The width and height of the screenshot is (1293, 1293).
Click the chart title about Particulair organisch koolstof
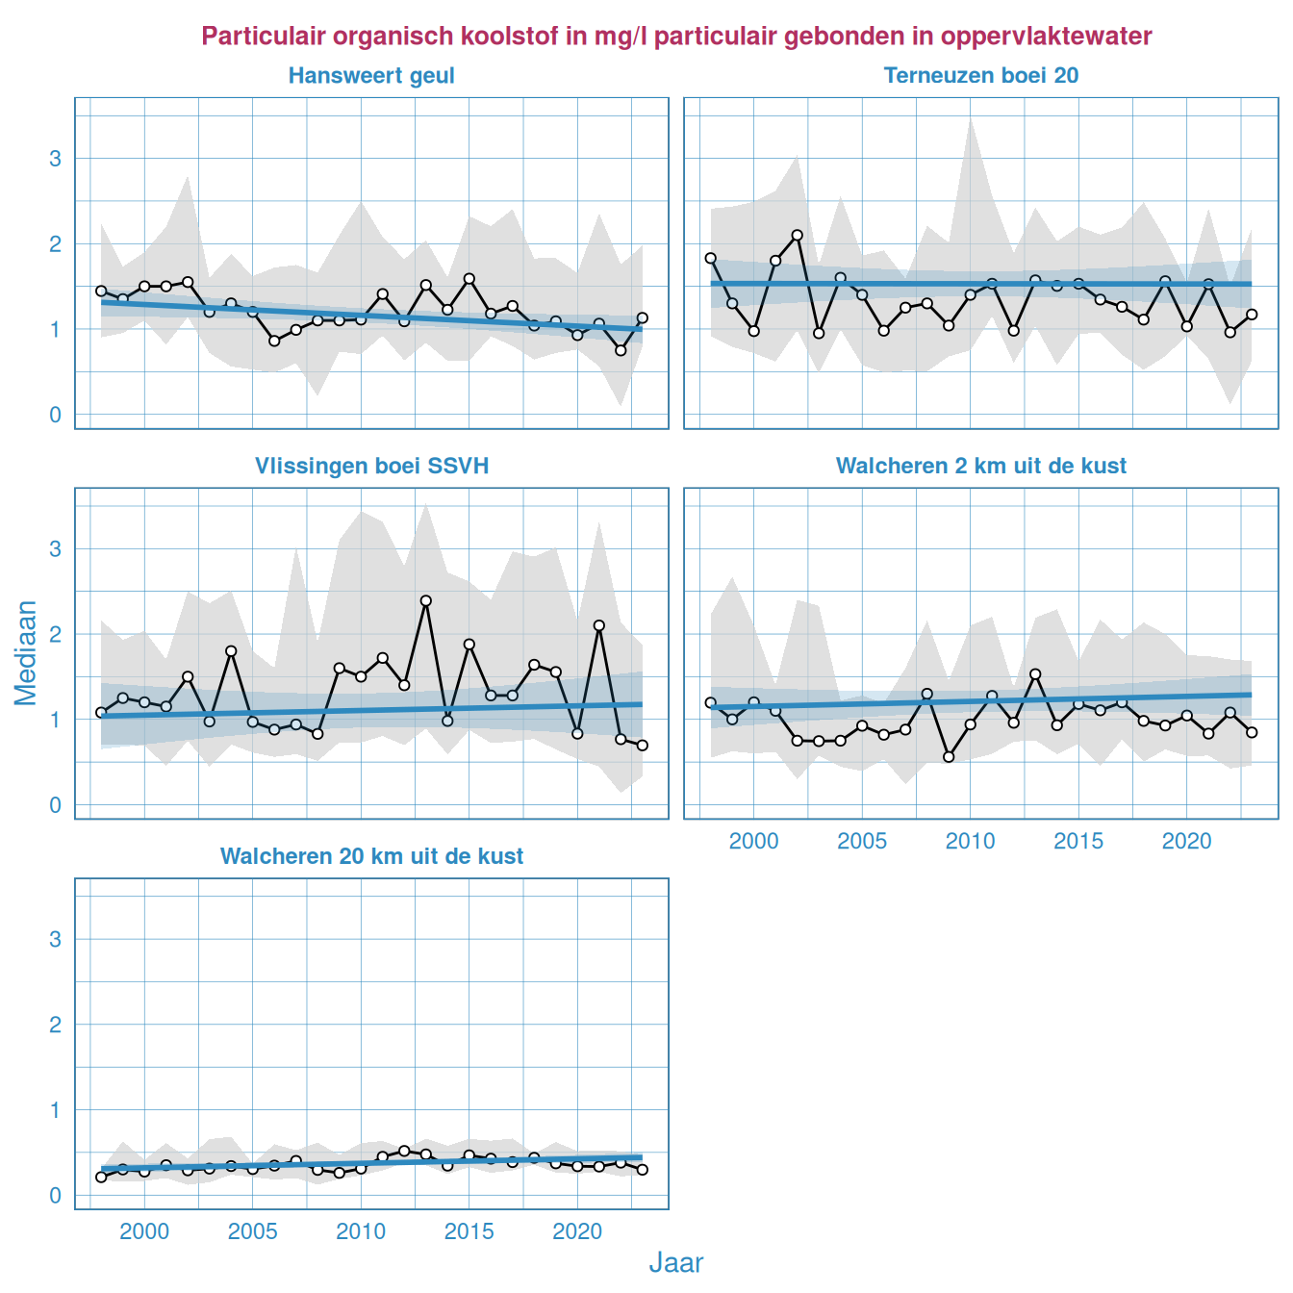[676, 37]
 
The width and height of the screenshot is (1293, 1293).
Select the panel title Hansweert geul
[371, 76]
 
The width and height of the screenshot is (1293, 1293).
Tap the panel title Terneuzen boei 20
[981, 76]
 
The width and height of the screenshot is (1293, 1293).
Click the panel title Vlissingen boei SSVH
[371, 467]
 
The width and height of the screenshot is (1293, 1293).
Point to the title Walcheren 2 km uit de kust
[981, 467]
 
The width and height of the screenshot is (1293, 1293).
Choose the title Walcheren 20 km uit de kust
[371, 857]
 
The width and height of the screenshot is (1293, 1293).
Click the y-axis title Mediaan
[26, 653]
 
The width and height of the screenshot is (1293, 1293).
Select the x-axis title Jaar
[676, 1263]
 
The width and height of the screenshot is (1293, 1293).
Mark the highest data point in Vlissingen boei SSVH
[426, 601]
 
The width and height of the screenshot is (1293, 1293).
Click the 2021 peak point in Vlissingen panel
[599, 625]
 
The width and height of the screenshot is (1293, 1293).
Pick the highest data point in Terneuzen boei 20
[797, 235]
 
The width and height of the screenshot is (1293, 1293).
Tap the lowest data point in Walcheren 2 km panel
[949, 757]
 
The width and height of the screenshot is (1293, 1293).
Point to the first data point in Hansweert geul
[101, 291]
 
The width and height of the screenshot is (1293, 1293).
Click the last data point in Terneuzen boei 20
[1252, 315]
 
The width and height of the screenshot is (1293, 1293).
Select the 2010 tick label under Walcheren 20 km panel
[361, 1232]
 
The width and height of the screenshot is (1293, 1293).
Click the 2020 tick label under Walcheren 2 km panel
[1186, 842]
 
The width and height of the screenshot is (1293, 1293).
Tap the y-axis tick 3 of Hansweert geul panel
[56, 159]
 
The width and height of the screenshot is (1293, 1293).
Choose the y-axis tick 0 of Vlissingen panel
[56, 806]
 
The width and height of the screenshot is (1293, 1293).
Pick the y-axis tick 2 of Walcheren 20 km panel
[56, 1026]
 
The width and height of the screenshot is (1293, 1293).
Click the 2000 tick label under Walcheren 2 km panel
[753, 842]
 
